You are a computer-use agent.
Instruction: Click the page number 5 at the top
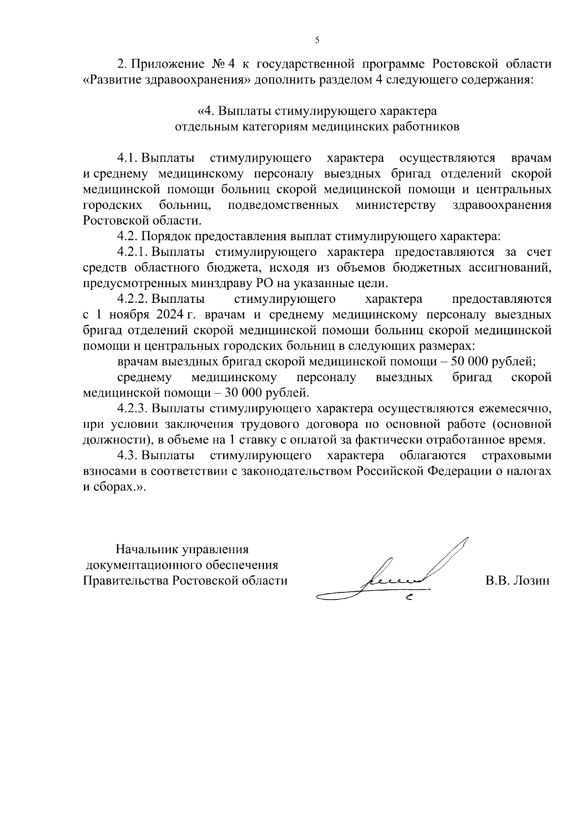[317, 41]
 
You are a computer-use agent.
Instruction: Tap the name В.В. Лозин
[517, 581]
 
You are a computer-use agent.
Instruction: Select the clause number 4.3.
[127, 456]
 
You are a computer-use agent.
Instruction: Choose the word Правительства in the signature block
[125, 581]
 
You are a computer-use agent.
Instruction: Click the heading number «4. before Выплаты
[206, 111]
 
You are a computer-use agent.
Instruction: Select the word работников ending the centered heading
[426, 127]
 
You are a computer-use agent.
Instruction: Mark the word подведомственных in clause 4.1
[283, 205]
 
